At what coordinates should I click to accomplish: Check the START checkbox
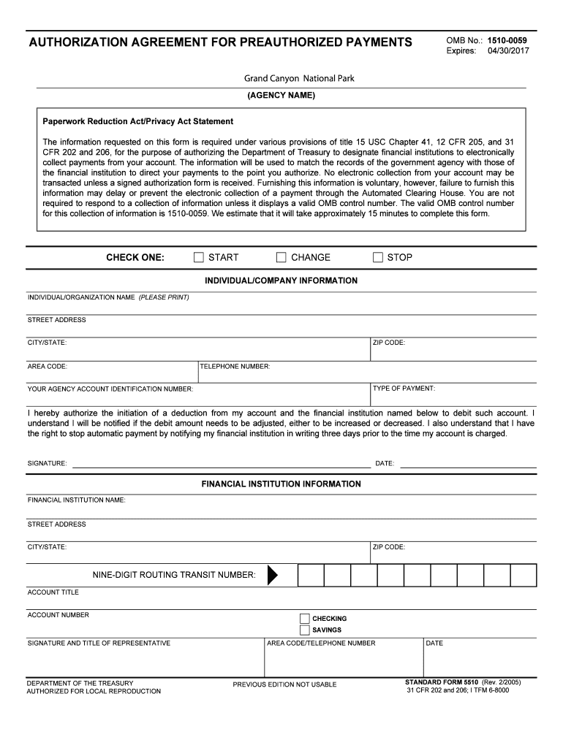(x=199, y=257)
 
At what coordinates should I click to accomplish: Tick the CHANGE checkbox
(x=281, y=257)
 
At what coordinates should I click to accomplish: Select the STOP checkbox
(x=378, y=257)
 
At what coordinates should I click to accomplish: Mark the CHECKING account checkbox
(x=305, y=619)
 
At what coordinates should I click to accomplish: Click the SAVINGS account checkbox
(x=305, y=630)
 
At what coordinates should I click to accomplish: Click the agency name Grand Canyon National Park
(x=298, y=78)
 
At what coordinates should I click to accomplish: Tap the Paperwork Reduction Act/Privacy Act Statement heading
(x=137, y=121)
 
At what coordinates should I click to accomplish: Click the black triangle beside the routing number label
(x=273, y=576)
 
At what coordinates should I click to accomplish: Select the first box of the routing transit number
(x=311, y=576)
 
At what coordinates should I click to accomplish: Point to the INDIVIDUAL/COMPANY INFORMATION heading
(x=281, y=280)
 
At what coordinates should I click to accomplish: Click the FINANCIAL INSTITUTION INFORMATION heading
(x=281, y=484)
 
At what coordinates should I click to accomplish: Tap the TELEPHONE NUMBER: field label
(x=235, y=367)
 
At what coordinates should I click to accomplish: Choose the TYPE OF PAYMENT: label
(x=404, y=389)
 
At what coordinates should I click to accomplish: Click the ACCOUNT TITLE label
(x=53, y=592)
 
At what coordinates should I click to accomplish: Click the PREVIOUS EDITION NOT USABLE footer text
(x=284, y=684)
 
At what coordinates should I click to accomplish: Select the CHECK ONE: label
(x=135, y=257)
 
